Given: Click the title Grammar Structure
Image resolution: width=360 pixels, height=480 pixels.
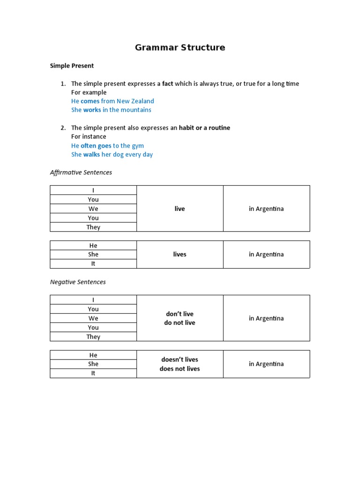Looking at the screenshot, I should point(180,47).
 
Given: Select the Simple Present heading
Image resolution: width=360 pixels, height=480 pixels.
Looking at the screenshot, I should point(72,66).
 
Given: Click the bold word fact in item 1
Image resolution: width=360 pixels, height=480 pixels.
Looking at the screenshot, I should point(167,83).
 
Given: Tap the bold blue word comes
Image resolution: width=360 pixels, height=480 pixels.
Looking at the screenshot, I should point(90,101).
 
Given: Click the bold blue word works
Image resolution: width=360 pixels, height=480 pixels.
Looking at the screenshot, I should point(92,110).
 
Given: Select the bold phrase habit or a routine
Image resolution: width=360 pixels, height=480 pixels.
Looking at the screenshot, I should point(204,127).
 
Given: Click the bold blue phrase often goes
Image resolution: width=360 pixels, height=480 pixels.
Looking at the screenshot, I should point(96,145).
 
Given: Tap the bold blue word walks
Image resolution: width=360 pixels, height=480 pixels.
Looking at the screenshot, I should point(91,154).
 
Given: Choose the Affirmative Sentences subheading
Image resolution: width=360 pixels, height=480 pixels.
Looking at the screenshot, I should point(81,172).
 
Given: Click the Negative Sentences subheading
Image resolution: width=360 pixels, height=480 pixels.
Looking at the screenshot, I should point(78,282).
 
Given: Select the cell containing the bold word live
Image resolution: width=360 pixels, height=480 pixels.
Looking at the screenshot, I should point(180,209).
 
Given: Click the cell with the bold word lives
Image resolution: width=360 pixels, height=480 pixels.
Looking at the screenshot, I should point(180,254).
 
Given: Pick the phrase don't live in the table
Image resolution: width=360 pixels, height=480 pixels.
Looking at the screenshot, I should point(180,314).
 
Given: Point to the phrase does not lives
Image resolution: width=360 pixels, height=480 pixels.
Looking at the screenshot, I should point(180,368).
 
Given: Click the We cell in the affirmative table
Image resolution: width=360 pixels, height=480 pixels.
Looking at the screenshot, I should point(93,209).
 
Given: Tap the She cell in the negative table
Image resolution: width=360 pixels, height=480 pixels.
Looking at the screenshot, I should point(93,364).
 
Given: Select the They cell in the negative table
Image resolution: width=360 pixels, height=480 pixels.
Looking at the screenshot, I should point(93,337).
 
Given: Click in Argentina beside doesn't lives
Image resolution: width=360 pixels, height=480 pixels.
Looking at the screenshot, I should point(266,364).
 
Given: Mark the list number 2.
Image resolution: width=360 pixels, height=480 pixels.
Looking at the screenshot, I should point(63,127).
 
